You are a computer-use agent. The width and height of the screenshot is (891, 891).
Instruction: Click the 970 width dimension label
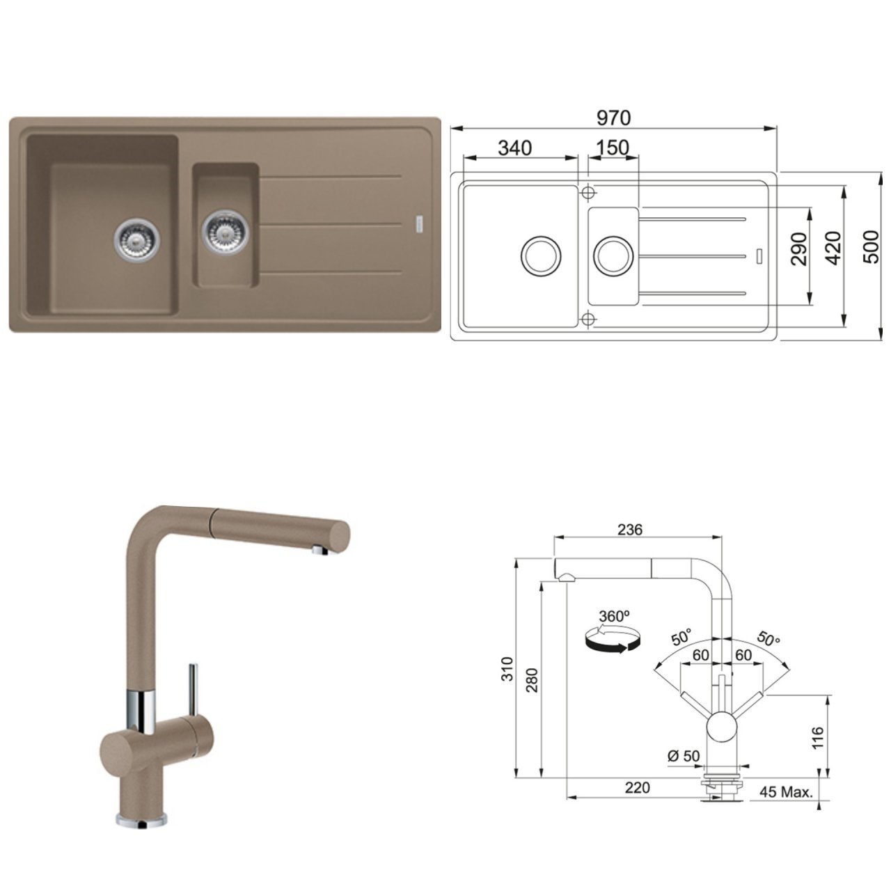pos(613,118)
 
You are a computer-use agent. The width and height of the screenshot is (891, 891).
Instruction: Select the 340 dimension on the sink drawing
pos(514,148)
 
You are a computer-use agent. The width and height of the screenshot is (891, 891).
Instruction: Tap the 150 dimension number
pos(612,148)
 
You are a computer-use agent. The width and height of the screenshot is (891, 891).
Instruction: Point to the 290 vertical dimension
pos(799,250)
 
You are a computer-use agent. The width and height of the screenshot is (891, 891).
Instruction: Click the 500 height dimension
pos(872,247)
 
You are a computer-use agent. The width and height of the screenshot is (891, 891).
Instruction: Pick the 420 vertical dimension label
pos(835,249)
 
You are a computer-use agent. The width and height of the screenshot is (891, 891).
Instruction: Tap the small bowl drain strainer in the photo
pos(225,231)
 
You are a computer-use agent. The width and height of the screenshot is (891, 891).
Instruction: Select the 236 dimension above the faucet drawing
pos(630,530)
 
